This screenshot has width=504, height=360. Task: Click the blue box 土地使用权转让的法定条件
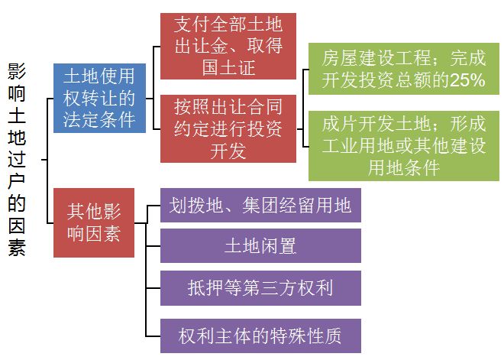(x=100, y=99)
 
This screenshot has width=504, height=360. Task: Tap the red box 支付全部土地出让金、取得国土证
(x=228, y=46)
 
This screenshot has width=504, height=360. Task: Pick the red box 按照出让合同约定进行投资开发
(x=228, y=128)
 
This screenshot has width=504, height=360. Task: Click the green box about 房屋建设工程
(x=404, y=69)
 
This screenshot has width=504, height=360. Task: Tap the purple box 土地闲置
(x=260, y=246)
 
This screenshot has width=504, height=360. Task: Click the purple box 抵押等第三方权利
(x=260, y=287)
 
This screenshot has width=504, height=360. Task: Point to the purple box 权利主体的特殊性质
(x=260, y=335)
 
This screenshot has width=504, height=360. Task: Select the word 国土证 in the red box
(x=228, y=69)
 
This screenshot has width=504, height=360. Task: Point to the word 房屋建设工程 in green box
(x=365, y=57)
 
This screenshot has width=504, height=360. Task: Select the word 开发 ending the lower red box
(x=228, y=151)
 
